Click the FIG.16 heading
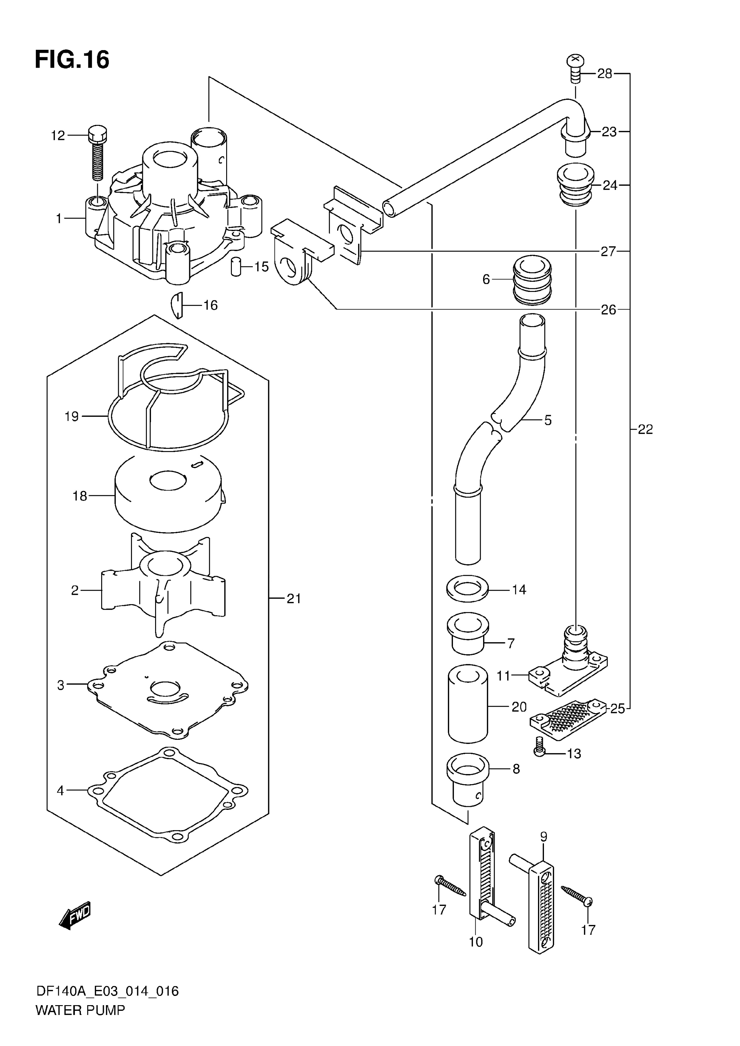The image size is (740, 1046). tap(72, 60)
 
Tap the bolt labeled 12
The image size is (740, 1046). tap(97, 153)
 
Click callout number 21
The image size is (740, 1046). tap(294, 599)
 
